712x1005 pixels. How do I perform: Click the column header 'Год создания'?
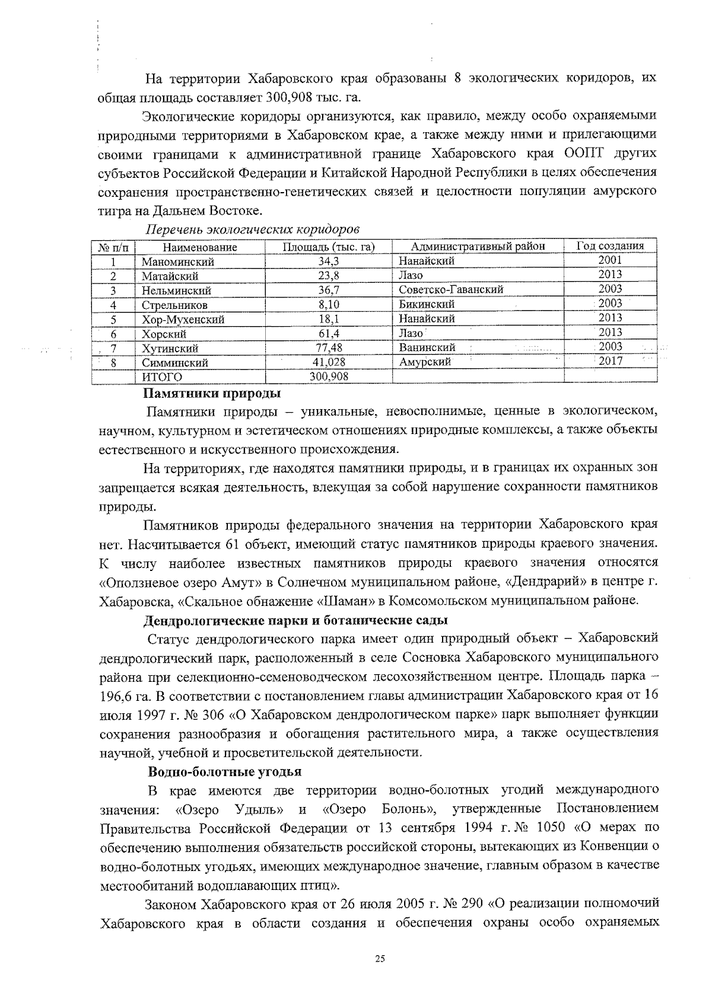(x=611, y=246)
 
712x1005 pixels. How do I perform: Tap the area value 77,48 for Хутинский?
(x=329, y=348)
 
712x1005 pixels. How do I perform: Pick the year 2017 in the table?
(x=610, y=361)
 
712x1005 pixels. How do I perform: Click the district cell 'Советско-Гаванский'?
(x=451, y=290)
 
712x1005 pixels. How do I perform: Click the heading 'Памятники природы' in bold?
(x=212, y=393)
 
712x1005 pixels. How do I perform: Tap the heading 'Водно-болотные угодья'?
(x=224, y=772)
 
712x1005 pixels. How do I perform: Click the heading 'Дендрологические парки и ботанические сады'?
(x=295, y=621)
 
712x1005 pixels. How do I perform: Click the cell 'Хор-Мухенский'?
(x=183, y=320)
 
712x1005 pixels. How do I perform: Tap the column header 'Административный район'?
(x=478, y=247)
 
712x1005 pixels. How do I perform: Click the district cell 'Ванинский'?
(x=427, y=347)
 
